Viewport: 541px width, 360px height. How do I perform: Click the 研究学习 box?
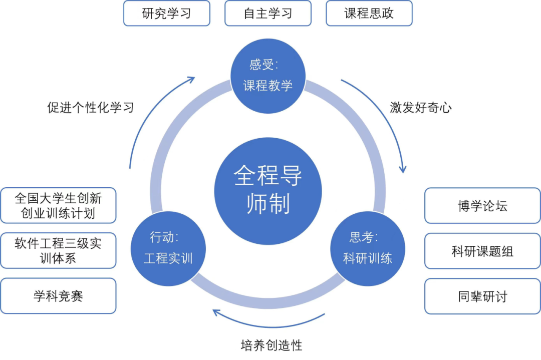tap(167, 14)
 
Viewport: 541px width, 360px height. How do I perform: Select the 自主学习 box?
tap(268, 14)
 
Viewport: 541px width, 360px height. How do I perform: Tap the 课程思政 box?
tap(369, 14)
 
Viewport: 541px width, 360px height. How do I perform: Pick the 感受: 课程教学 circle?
tap(268, 76)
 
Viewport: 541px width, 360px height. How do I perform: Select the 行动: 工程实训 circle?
tap(168, 248)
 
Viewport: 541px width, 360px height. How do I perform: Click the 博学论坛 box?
tap(482, 206)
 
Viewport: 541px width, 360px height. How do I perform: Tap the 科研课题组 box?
tap(482, 251)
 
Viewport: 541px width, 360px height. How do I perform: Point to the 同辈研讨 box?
tap(482, 296)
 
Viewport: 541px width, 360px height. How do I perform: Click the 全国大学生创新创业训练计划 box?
tap(58, 205)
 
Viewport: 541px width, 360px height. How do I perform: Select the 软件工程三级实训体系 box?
tap(58, 250)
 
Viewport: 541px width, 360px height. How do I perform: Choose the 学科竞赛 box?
tap(58, 296)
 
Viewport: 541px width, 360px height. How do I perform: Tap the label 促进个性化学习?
tap(91, 107)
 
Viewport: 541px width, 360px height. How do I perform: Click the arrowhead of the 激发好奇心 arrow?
tap(403, 169)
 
